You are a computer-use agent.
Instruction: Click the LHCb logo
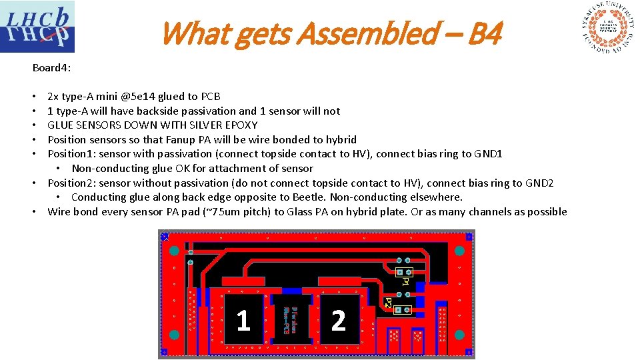[x=37, y=27]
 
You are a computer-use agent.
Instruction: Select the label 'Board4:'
[x=51, y=68]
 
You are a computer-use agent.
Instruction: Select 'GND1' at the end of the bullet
[x=489, y=154]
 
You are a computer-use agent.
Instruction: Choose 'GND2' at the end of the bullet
[x=539, y=183]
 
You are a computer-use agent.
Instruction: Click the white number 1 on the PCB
[x=243, y=321]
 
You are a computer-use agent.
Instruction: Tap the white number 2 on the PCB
[x=338, y=321]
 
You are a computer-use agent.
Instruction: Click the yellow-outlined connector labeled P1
[x=404, y=272]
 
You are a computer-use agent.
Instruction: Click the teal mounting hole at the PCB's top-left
[x=174, y=251]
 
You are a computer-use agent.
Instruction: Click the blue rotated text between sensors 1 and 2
[x=291, y=317]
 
